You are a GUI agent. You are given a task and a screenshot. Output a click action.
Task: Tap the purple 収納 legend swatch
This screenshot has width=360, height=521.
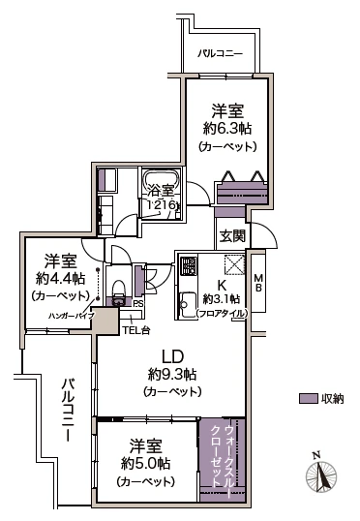pos(307,399)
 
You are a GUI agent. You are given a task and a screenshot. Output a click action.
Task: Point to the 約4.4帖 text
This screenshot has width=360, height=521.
pos(56,277)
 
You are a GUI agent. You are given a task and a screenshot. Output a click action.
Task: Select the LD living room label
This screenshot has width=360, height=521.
pos(172,355)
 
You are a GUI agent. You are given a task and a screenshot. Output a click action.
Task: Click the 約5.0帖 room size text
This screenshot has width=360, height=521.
pos(145,463)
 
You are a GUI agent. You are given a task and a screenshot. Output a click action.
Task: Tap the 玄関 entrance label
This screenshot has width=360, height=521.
pos(230,235)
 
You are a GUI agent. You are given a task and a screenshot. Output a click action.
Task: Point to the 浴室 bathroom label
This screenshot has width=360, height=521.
pos(162,192)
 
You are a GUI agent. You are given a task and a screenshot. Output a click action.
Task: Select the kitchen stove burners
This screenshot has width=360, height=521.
pos(187,266)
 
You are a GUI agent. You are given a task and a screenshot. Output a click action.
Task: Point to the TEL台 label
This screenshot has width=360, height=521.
pos(135,331)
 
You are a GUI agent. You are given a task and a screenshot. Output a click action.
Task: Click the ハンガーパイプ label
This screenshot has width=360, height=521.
pos(57,315)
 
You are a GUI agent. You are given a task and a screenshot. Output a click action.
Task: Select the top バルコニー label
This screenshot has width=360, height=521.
pos(221,52)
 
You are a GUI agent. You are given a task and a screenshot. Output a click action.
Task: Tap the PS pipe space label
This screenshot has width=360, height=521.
pos(138,303)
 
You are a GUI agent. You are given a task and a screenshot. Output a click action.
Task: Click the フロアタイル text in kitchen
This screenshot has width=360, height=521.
pos(222,314)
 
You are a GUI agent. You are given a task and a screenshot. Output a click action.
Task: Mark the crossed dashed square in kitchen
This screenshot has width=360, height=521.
pos(234,263)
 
